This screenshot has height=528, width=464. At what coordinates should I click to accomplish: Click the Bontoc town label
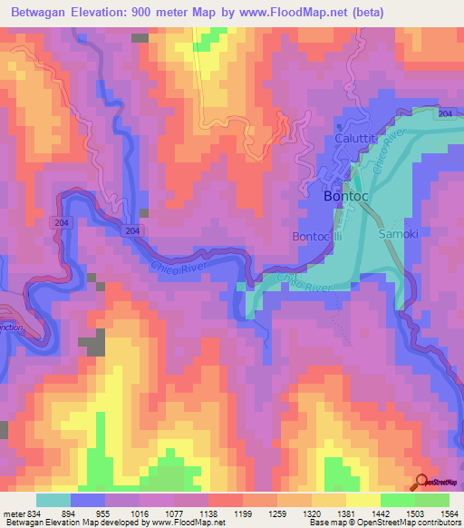point(344,195)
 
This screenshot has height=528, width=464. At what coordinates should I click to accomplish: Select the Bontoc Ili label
point(316,236)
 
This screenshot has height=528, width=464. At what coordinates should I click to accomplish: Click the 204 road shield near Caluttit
point(445,113)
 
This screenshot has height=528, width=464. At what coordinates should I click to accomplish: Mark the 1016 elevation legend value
point(140,513)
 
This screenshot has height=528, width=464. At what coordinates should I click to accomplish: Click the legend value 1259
point(278,513)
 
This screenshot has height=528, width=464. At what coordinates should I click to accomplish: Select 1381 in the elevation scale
point(347,513)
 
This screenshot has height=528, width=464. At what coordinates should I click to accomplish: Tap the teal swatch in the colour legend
point(53,500)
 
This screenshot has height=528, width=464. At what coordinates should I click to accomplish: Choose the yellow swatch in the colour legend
point(363,500)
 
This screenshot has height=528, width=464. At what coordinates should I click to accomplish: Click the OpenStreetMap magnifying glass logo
point(422,484)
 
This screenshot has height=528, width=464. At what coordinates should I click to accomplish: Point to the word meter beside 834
point(13,513)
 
